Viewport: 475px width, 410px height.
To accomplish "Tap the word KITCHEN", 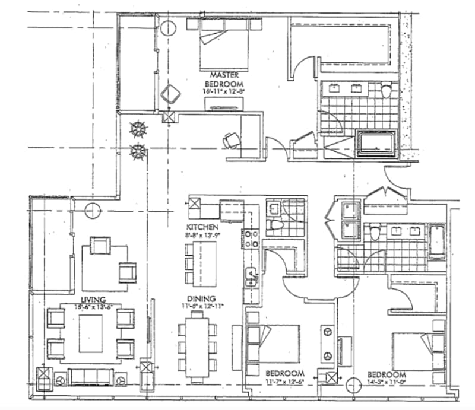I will (x=202, y=227).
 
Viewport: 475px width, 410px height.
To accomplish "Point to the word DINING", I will (x=200, y=299).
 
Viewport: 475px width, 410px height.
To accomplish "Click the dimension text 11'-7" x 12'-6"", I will (x=286, y=382).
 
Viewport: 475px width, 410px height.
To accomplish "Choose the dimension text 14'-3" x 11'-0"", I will (x=387, y=383).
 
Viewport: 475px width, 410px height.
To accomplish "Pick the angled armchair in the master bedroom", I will (x=172, y=94).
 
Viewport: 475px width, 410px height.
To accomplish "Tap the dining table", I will (x=197, y=344).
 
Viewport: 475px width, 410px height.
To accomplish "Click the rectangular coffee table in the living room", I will (x=90, y=333).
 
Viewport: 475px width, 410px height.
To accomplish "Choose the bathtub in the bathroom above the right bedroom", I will (x=438, y=241).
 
